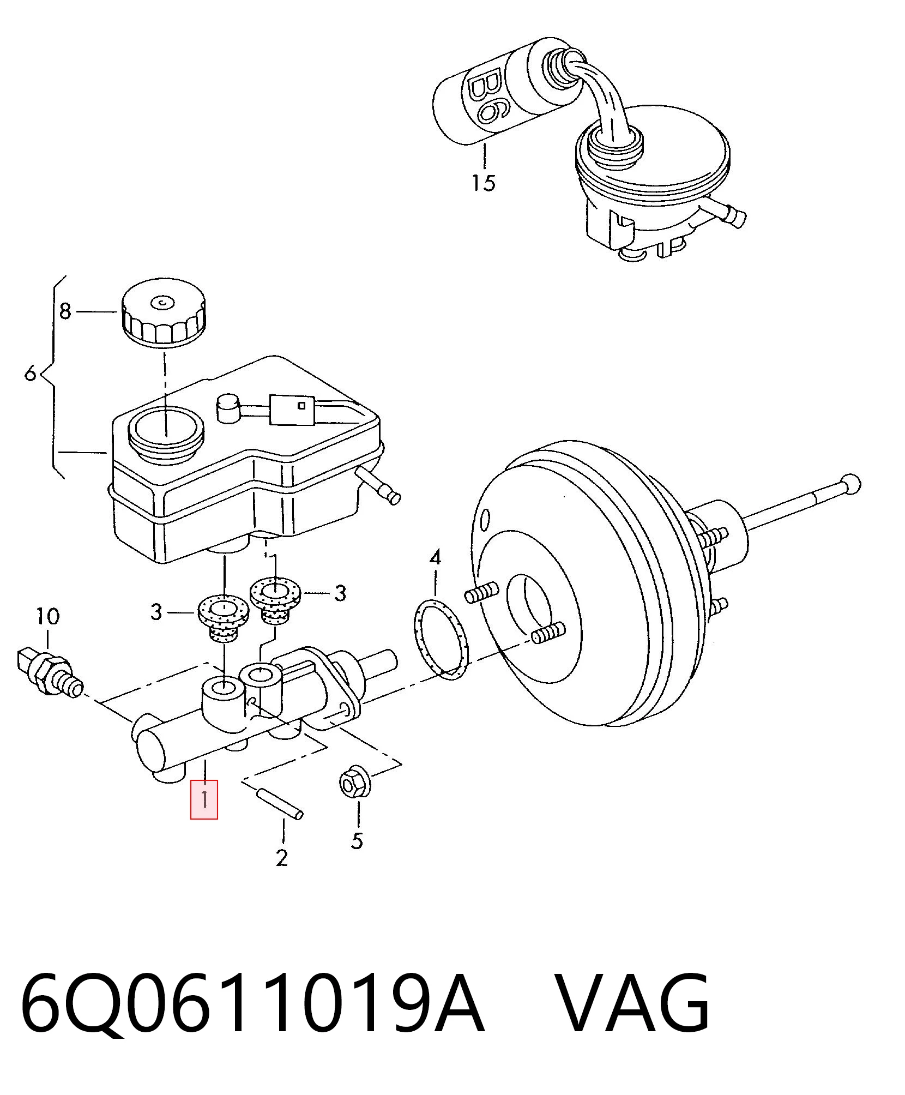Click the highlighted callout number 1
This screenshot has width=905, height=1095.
(x=204, y=799)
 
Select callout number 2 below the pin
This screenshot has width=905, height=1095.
(x=281, y=858)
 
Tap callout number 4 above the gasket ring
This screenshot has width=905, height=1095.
(x=435, y=558)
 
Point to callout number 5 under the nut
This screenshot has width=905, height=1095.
(x=357, y=840)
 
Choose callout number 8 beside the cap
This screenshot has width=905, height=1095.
(x=65, y=311)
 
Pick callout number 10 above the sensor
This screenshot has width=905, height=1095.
(x=47, y=616)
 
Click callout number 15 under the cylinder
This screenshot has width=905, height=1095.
(x=484, y=182)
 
